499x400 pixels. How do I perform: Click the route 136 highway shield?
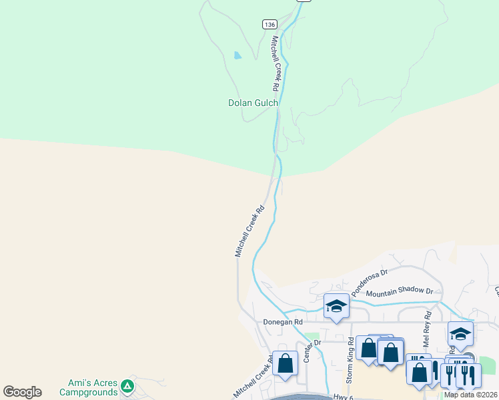[x=269, y=24]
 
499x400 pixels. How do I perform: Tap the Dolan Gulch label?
[x=253, y=103]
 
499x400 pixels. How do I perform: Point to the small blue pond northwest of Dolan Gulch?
[x=237, y=56]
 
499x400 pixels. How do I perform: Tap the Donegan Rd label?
[x=284, y=321]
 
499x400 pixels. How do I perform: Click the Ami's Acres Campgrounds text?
[x=93, y=387]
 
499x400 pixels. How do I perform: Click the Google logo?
[x=22, y=392]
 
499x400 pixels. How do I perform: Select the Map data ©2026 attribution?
[x=470, y=395]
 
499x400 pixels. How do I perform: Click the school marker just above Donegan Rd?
[x=336, y=306]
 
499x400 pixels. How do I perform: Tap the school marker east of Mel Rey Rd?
[x=460, y=334]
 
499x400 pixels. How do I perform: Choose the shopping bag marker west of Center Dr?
[x=285, y=364]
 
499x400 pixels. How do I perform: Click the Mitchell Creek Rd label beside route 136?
[x=274, y=64]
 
